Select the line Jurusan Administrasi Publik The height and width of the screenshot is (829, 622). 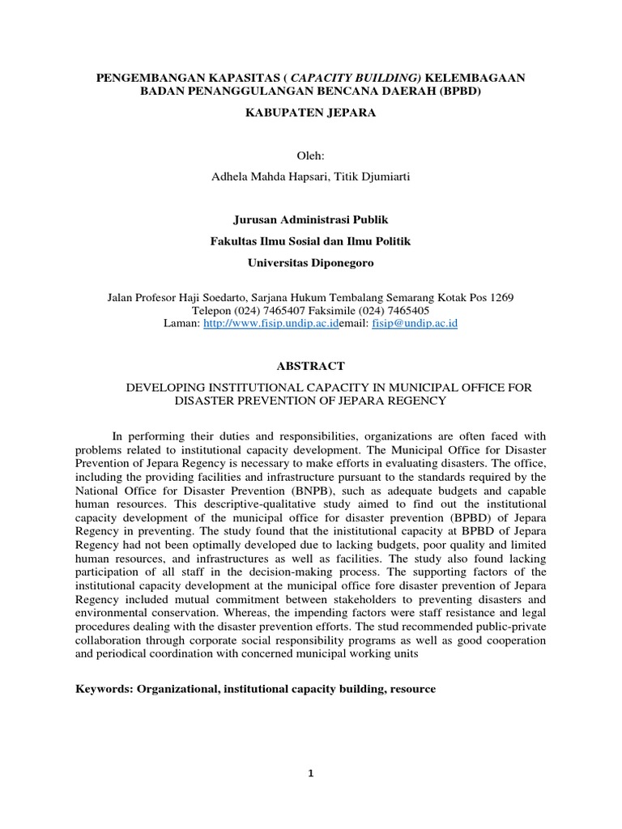(x=311, y=219)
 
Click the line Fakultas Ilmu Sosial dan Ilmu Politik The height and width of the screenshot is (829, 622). (x=311, y=240)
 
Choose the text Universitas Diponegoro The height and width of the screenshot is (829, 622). (x=311, y=263)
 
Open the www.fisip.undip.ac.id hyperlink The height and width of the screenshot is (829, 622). (x=271, y=323)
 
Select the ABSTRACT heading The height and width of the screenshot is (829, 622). (x=310, y=366)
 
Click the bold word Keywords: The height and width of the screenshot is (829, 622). (x=103, y=689)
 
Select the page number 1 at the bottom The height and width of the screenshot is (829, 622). (x=310, y=774)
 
